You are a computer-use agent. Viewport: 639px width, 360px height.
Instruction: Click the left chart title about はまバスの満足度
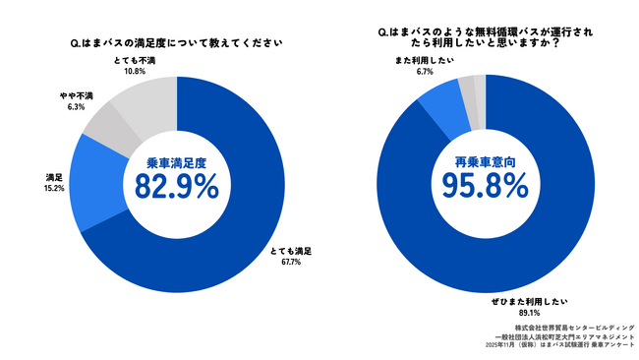click(177, 43)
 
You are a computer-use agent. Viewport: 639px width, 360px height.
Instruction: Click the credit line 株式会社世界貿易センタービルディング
click(574, 327)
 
